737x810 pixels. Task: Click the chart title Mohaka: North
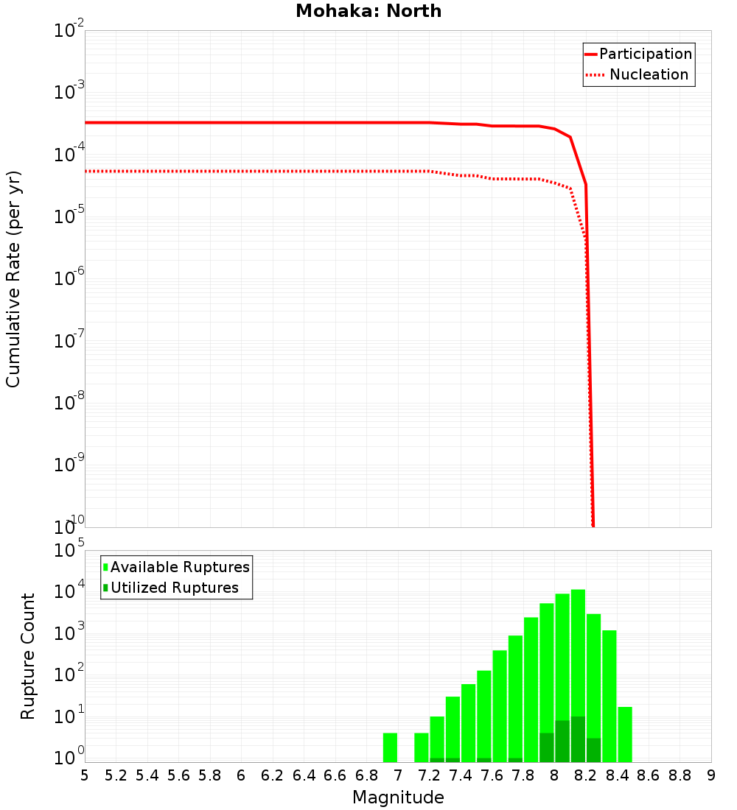coord(368,11)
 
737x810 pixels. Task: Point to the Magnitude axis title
coord(398,797)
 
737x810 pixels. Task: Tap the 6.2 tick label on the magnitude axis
coord(273,775)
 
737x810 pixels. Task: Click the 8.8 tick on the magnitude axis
coord(680,775)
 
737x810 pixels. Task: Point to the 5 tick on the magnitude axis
coord(85,775)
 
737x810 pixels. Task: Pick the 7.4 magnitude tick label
coord(461,775)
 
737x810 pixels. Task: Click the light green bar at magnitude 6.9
coord(390,747)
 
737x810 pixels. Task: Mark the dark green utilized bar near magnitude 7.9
coord(546,747)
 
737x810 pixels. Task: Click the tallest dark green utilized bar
coord(578,739)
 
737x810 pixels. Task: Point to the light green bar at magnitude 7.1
coord(421,747)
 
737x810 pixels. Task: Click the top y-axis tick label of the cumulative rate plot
coord(69,31)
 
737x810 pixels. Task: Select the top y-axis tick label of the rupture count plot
coord(69,551)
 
